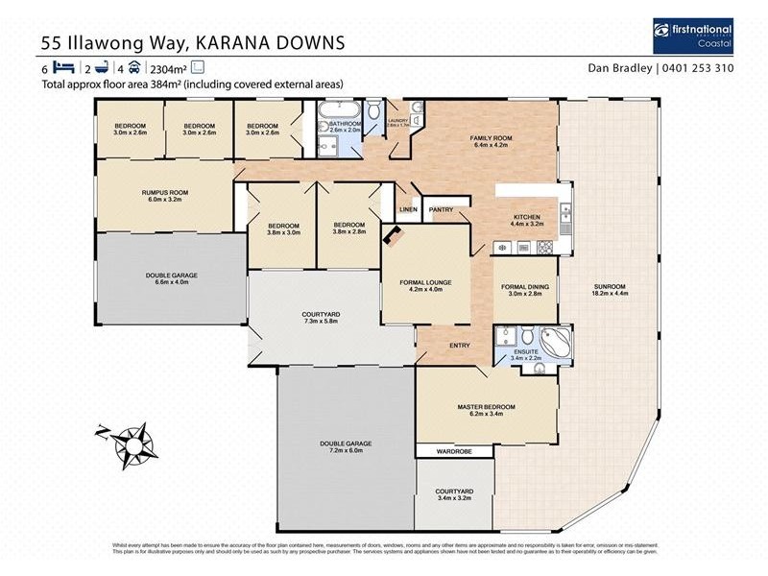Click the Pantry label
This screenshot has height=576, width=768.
(442, 209)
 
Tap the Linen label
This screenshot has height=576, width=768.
(407, 209)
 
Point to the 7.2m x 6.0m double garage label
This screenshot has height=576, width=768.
(346, 446)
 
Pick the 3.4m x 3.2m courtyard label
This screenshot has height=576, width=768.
(454, 495)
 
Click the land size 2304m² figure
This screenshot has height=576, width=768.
(166, 68)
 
